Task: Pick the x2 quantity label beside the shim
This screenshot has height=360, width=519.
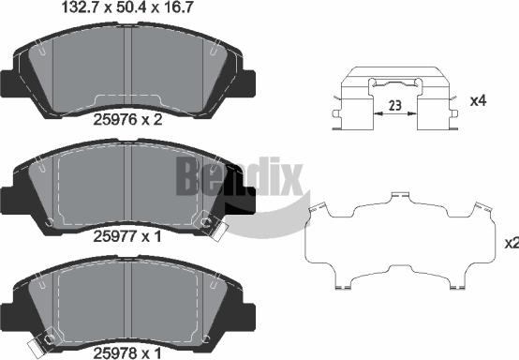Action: [511, 243]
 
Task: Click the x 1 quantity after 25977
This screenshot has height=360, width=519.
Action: [152, 237]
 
